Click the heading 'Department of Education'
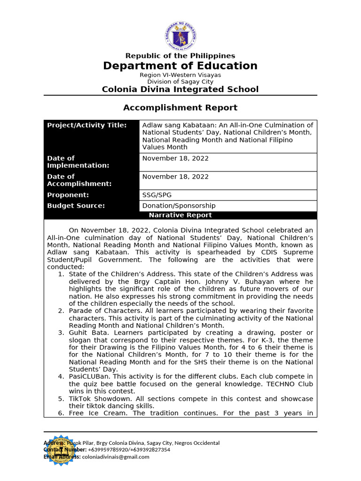pyautogui.click(x=180, y=66)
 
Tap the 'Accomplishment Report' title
pyautogui.click(x=180, y=108)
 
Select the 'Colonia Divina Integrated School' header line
pyautogui.click(x=180, y=89)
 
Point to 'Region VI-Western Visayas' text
pyautogui.click(x=180, y=75)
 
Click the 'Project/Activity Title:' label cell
pyautogui.click(x=87, y=125)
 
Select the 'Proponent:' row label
pyautogui.click(x=68, y=195)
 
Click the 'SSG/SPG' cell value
pyautogui.click(x=157, y=195)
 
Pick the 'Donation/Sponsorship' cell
pyautogui.click(x=179, y=206)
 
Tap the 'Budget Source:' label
pyautogui.click(x=76, y=206)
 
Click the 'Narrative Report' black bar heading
pyautogui.click(x=180, y=215)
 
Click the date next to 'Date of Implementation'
pyautogui.click(x=175, y=158)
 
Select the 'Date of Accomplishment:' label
pyautogui.click(x=79, y=180)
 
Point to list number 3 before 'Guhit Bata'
pyautogui.click(x=61, y=333)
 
